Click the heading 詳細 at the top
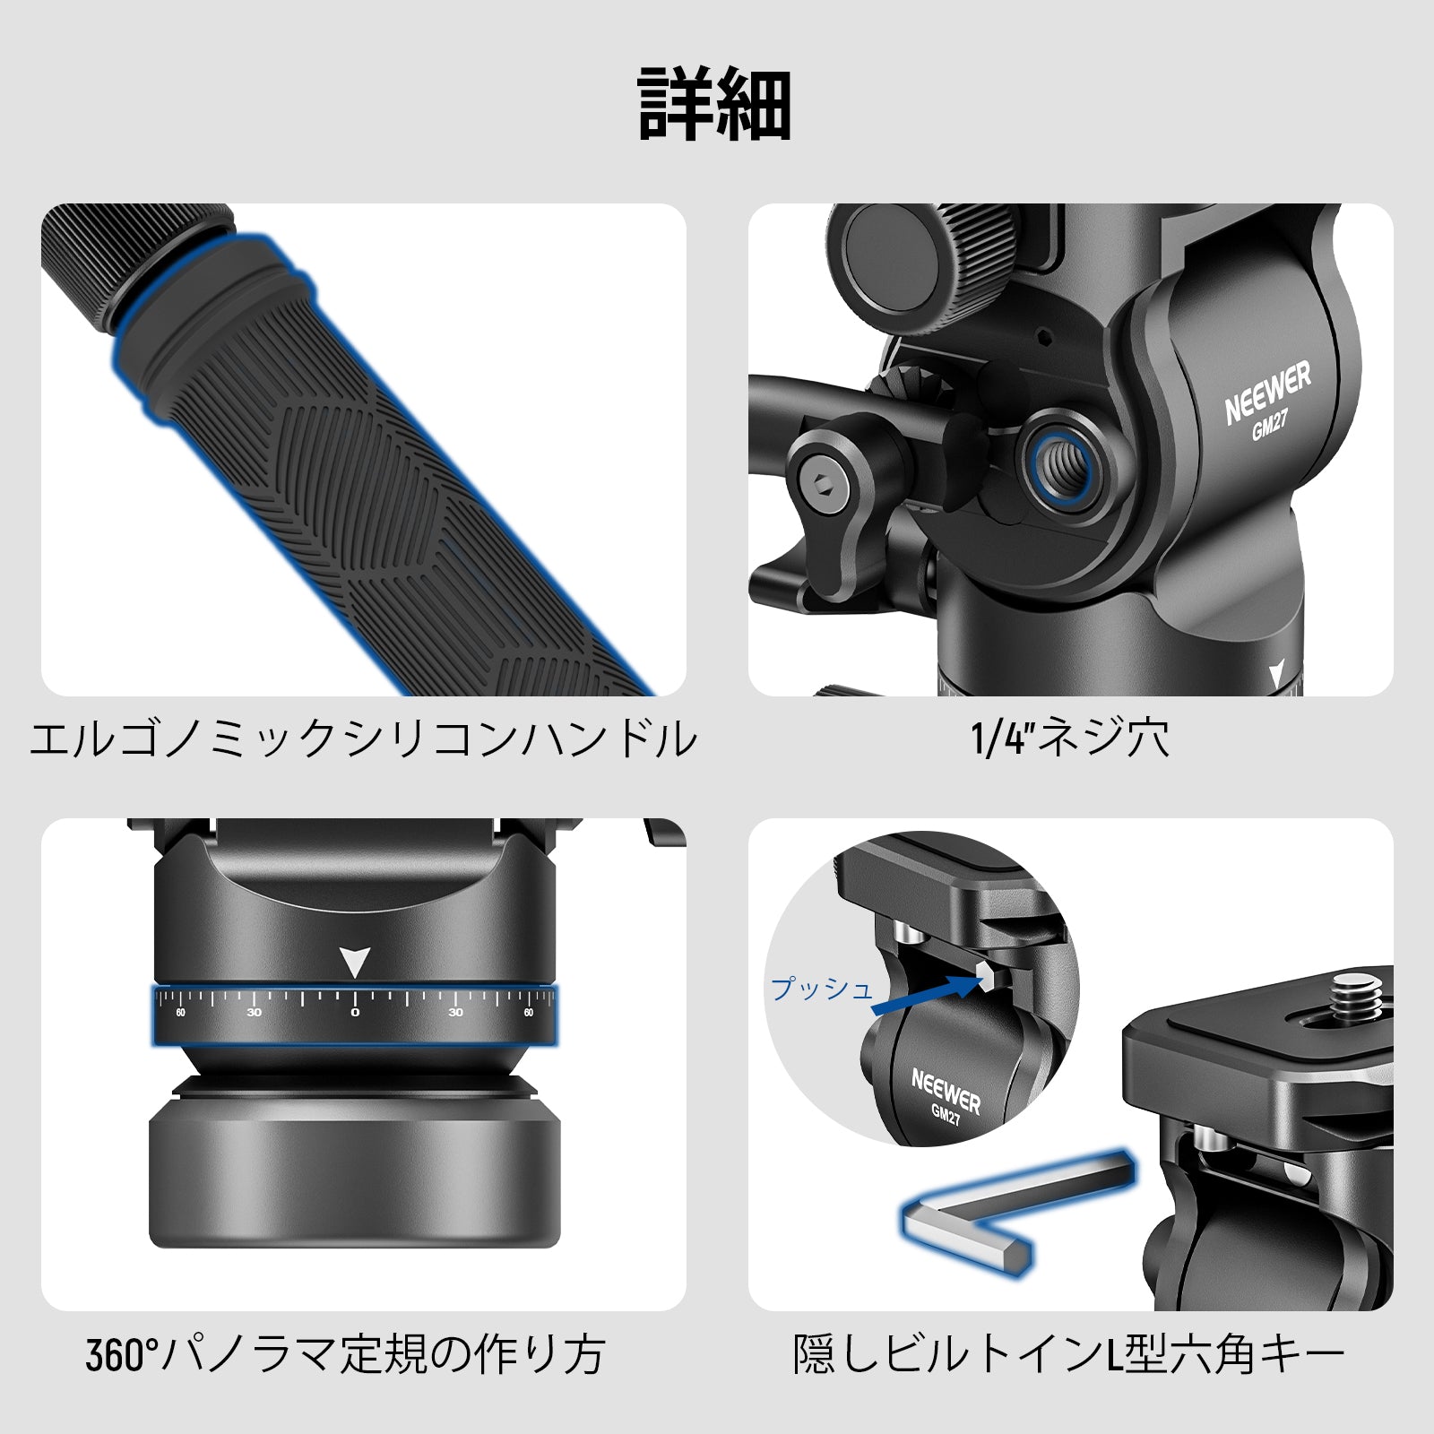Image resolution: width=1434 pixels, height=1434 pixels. pyautogui.click(x=714, y=105)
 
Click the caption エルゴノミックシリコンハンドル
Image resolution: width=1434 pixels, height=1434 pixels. pyautogui.click(x=363, y=739)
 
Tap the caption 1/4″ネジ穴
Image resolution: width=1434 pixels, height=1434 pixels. pyautogui.click(x=1070, y=739)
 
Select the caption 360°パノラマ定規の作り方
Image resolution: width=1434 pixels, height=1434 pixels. pyautogui.click(x=346, y=1354)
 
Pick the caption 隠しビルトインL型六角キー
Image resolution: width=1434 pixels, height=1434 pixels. pyautogui.click(x=1069, y=1354)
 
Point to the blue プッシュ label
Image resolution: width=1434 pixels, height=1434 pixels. pyautogui.click(x=822, y=989)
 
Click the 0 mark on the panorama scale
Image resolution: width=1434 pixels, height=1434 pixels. pyautogui.click(x=355, y=1012)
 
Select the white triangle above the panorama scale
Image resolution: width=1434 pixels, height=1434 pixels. pyautogui.click(x=355, y=962)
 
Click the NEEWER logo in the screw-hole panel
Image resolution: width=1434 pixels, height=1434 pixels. pyautogui.click(x=1267, y=392)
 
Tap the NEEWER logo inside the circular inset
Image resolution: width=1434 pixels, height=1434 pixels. pyautogui.click(x=946, y=1092)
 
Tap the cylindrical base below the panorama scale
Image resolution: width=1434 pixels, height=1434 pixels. pyautogui.click(x=354, y=1174)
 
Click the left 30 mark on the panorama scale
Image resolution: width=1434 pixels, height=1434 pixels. pyautogui.click(x=255, y=1012)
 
